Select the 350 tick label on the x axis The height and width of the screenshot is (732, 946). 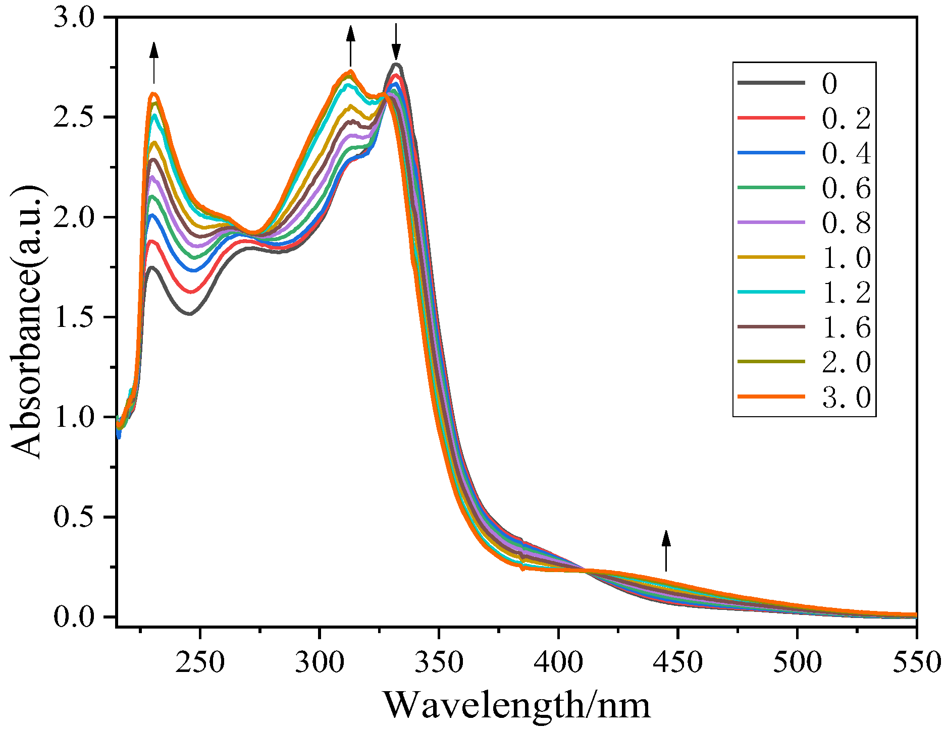(439, 662)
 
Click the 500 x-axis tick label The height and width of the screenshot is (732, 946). (797, 662)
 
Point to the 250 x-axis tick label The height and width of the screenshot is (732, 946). (200, 662)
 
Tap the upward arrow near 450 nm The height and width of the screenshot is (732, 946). (666, 551)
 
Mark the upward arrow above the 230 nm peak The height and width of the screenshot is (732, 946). (154, 63)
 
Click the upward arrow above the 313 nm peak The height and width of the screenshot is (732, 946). (351, 46)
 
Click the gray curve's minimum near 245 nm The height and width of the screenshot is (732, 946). (190, 314)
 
